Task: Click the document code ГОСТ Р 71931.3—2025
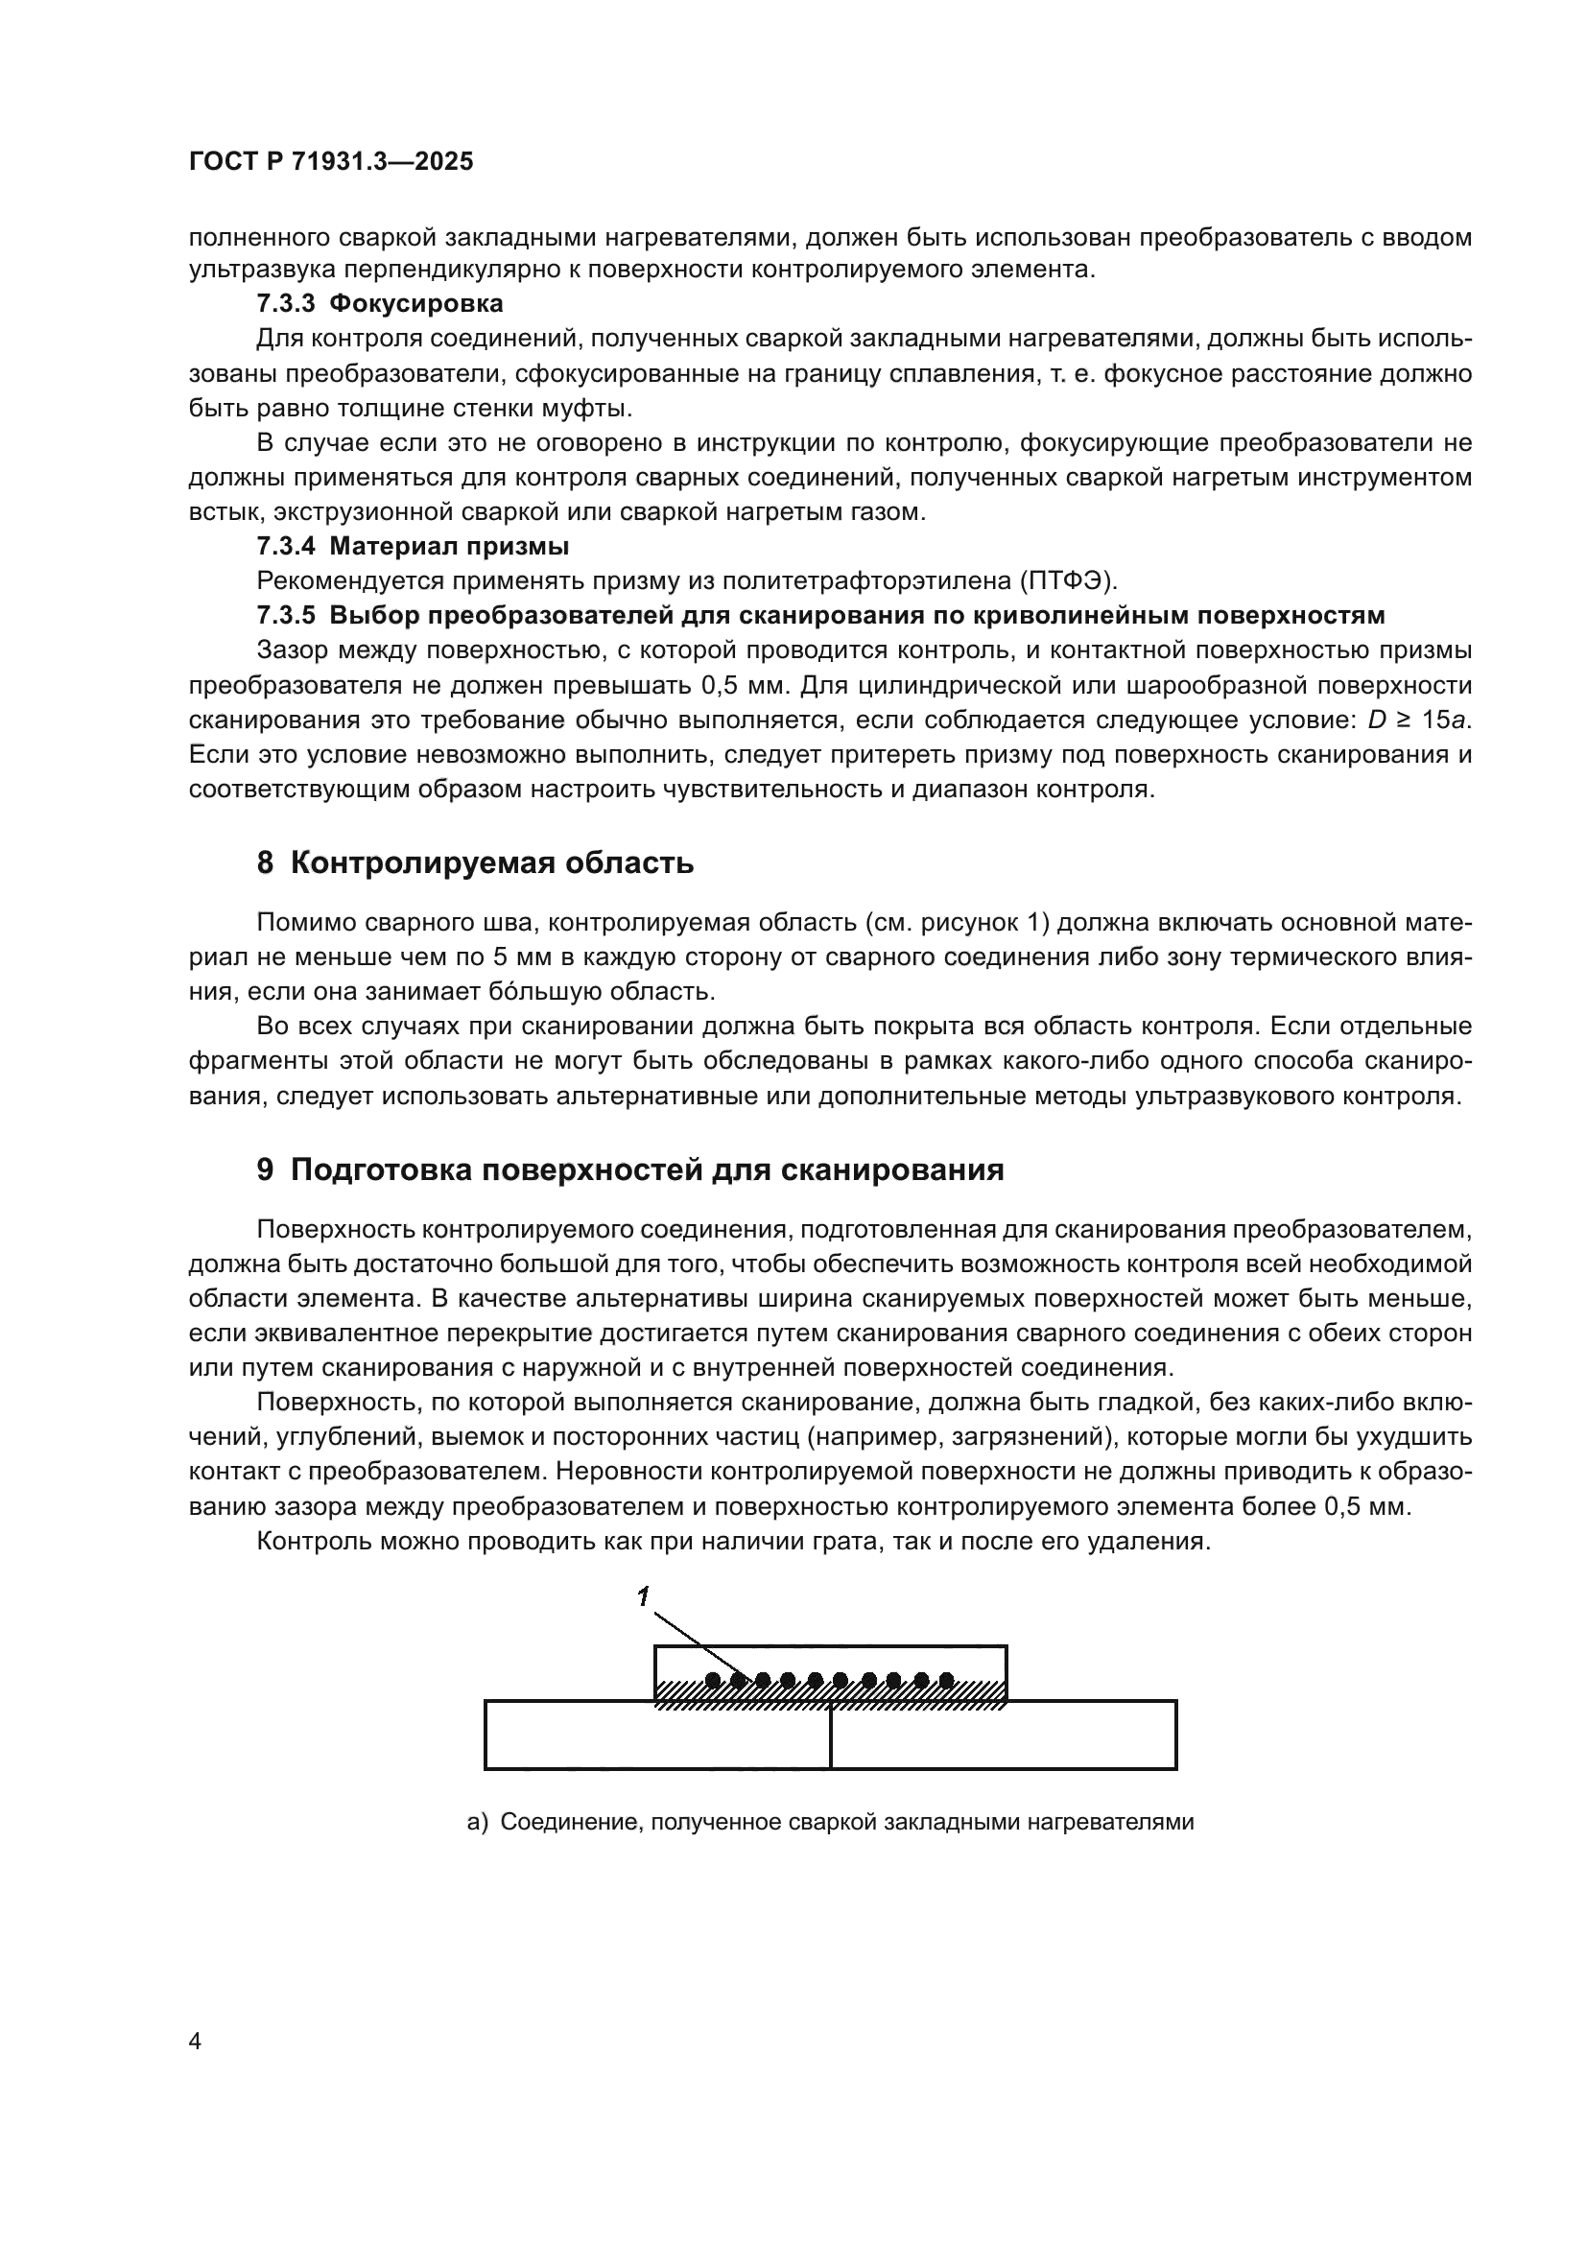coord(331,162)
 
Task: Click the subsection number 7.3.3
coord(285,304)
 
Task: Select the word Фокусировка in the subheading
coord(416,304)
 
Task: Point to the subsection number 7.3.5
coord(285,616)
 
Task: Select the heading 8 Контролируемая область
coord(475,863)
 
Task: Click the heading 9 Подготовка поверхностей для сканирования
coord(630,1169)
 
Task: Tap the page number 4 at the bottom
coord(195,2042)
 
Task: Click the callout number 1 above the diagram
coord(643,1598)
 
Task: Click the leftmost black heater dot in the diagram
coord(713,1680)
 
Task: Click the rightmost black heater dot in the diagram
coord(946,1680)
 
